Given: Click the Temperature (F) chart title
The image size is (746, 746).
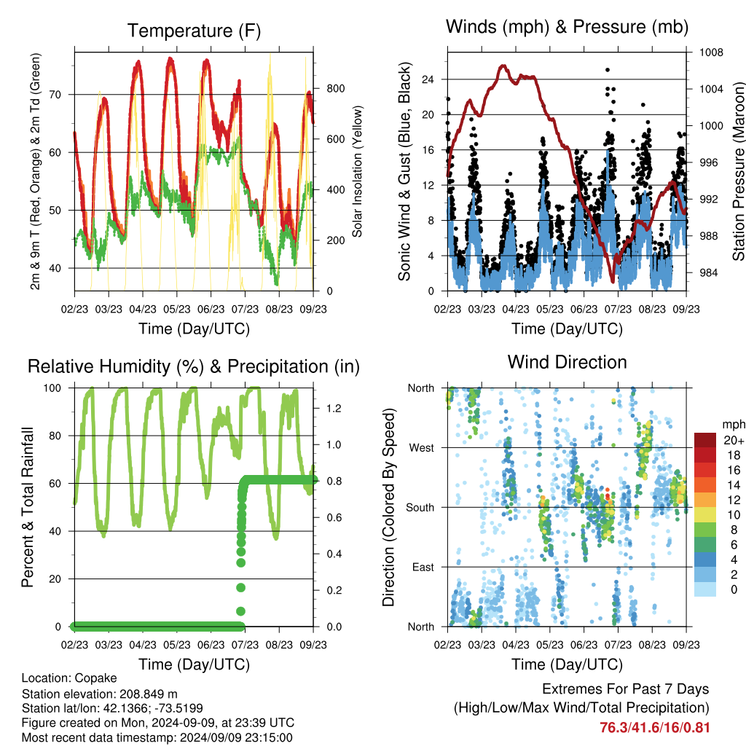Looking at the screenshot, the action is pyautogui.click(x=194, y=31).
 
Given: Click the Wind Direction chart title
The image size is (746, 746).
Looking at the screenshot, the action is pyautogui.click(x=567, y=362).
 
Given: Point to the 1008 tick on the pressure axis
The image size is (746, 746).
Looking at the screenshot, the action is pyautogui.click(x=711, y=52).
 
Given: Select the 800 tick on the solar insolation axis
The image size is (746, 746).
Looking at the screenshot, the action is pyautogui.click(x=335, y=88).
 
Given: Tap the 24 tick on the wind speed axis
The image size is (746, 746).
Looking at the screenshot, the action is pyautogui.click(x=428, y=79).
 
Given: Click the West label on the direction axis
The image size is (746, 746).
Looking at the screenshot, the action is pyautogui.click(x=422, y=448).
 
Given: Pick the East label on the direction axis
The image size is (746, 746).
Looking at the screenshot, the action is pyautogui.click(x=423, y=567).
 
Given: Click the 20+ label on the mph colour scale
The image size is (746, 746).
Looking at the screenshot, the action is pyautogui.click(x=733, y=440).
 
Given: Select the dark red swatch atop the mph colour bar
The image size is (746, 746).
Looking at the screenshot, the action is pyautogui.click(x=705, y=440).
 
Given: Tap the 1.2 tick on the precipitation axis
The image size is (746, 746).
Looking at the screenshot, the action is pyautogui.click(x=334, y=408).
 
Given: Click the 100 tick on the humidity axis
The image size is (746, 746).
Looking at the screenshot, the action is pyautogui.click(x=52, y=388).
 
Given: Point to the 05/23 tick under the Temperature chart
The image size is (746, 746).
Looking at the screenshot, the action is pyautogui.click(x=177, y=309).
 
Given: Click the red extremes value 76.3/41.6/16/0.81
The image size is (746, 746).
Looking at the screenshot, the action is pyautogui.click(x=655, y=728).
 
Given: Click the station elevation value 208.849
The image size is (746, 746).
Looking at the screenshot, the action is pyautogui.click(x=141, y=694).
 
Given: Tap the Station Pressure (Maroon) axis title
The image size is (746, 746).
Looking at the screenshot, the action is pyautogui.click(x=738, y=171).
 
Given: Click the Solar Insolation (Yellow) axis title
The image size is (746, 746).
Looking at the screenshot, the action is pyautogui.click(x=357, y=171).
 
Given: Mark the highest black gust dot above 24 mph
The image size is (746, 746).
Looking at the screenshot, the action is pyautogui.click(x=608, y=70).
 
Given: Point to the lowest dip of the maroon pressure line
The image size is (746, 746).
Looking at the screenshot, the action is pyautogui.click(x=613, y=280).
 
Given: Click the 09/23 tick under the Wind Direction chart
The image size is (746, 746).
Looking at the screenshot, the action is pyautogui.click(x=686, y=645).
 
